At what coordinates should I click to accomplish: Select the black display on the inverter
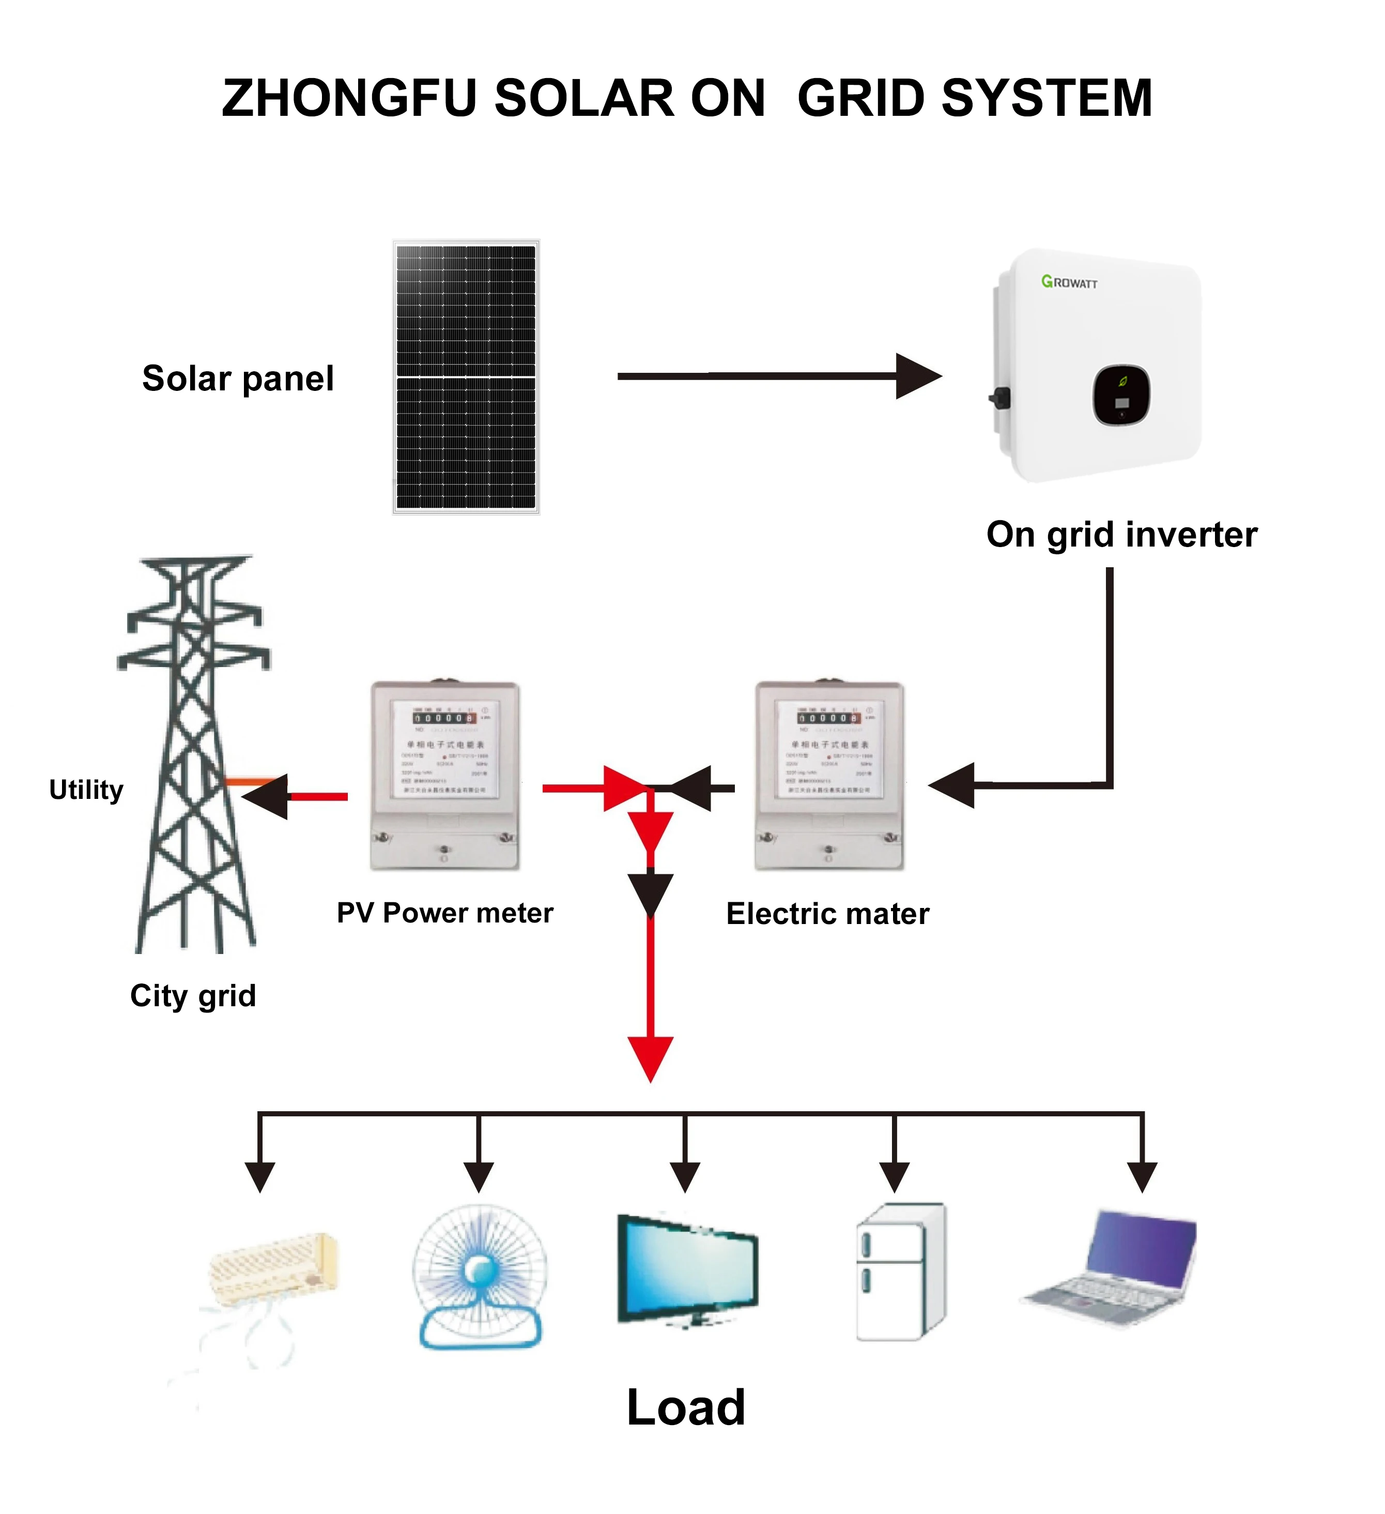pyautogui.click(x=1121, y=395)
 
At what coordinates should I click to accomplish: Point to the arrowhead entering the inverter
pyautogui.click(x=919, y=376)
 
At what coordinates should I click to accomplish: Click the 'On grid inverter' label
pyautogui.click(x=1121, y=535)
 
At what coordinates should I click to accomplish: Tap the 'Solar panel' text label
pyautogui.click(x=238, y=378)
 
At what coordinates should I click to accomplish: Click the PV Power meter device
pyautogui.click(x=445, y=776)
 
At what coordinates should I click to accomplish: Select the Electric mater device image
pyautogui.click(x=829, y=776)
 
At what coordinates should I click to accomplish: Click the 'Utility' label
pyautogui.click(x=86, y=790)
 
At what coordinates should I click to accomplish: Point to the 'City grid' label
pyautogui.click(x=193, y=996)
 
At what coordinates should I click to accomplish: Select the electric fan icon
pyautogui.click(x=480, y=1277)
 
